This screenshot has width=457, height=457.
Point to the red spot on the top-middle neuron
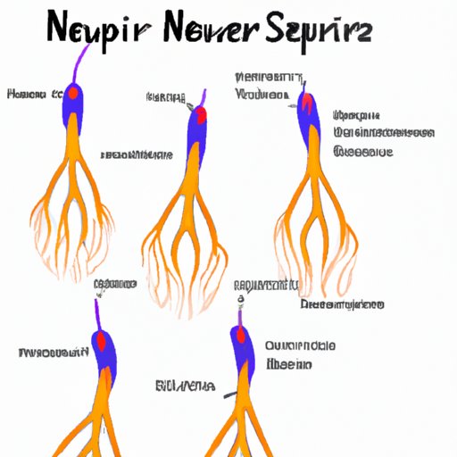click(200, 114)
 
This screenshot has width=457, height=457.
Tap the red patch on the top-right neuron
click(309, 105)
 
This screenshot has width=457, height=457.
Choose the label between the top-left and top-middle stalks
click(137, 155)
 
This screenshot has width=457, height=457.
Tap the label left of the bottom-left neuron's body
click(52, 353)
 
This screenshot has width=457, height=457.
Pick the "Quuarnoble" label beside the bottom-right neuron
click(300, 345)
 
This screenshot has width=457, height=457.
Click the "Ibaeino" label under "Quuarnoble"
click(288, 364)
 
